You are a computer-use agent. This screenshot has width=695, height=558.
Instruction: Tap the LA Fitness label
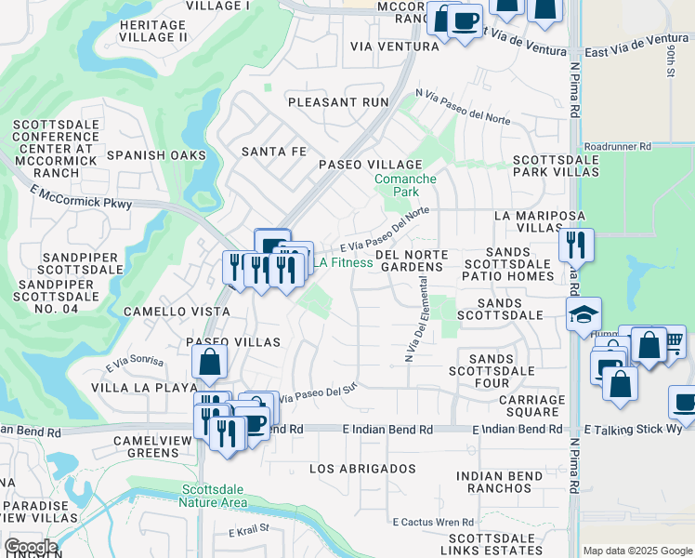coord(342,263)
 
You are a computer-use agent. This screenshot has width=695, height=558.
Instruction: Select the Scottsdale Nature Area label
coord(215,497)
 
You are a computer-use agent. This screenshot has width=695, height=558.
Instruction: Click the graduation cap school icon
coord(584,315)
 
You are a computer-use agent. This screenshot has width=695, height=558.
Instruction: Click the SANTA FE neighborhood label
coord(273,151)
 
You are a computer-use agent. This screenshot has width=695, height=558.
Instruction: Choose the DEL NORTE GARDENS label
coord(412,260)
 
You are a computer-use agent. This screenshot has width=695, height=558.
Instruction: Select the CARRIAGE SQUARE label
coord(531,405)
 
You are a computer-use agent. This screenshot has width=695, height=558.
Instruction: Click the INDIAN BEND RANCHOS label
coord(499,483)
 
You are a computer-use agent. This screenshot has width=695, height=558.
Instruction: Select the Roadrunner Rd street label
coord(618,147)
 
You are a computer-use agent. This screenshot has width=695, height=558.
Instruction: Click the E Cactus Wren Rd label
coord(433,523)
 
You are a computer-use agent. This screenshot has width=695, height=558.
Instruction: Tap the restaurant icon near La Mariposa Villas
coord(576,245)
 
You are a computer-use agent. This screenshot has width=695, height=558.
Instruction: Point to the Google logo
coord(31,548)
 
